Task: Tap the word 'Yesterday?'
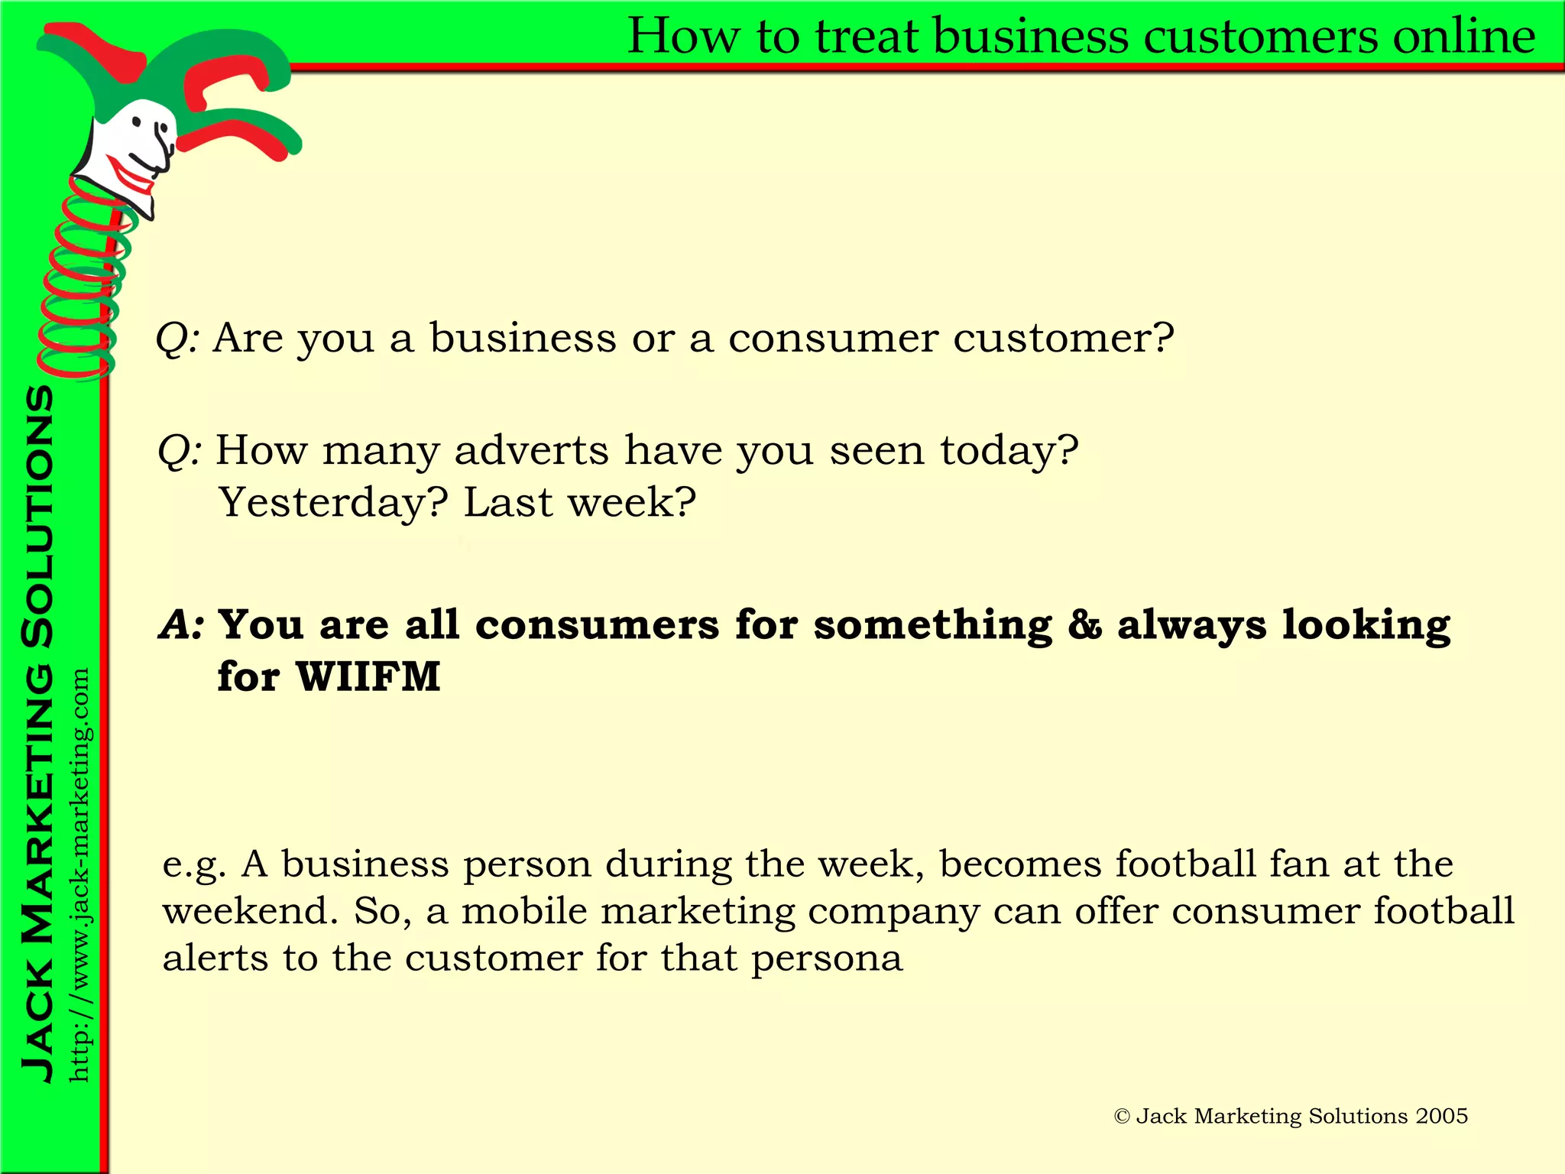[333, 503]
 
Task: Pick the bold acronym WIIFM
[368, 677]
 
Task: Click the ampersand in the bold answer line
[1084, 625]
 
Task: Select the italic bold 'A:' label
[181, 625]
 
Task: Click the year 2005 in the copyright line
[1441, 1116]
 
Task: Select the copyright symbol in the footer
[1121, 1117]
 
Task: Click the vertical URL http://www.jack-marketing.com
[79, 875]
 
